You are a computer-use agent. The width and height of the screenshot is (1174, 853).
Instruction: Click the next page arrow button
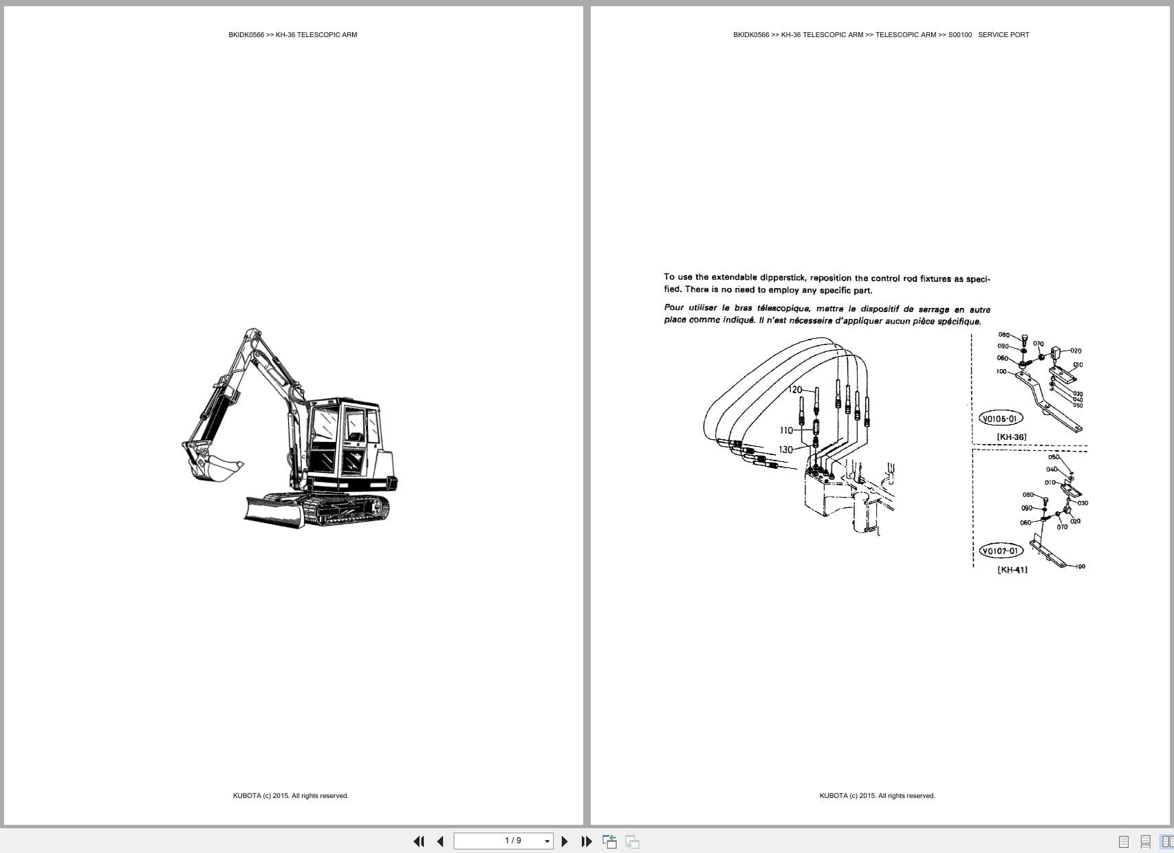tap(565, 841)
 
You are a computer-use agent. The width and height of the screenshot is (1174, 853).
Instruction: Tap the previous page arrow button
tap(440, 841)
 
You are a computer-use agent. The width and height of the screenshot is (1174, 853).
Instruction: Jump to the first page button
tap(419, 841)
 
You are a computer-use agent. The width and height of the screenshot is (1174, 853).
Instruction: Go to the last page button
tap(587, 841)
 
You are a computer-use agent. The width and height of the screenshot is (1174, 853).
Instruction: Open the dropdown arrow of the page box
tap(547, 841)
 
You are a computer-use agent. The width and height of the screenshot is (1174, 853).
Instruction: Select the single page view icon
tap(1124, 841)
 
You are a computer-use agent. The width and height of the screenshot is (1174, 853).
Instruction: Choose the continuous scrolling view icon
tap(1145, 841)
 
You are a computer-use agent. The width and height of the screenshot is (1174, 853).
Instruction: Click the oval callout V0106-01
tap(1001, 419)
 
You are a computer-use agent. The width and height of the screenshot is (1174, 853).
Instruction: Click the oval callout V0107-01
tap(1001, 551)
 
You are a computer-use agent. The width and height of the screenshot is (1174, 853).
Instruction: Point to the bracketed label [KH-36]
tap(1012, 437)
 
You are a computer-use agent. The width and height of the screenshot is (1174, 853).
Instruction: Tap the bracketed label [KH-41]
tap(1012, 570)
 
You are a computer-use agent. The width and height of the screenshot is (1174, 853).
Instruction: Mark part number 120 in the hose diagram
tap(795, 390)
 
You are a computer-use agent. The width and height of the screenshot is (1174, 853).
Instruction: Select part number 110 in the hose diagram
tap(786, 430)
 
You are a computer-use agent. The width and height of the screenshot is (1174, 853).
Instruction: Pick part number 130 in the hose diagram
tap(785, 450)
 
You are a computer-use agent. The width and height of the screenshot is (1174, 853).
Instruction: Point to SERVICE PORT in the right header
tap(1003, 35)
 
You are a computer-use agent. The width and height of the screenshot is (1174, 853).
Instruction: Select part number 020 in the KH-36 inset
tap(1076, 351)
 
